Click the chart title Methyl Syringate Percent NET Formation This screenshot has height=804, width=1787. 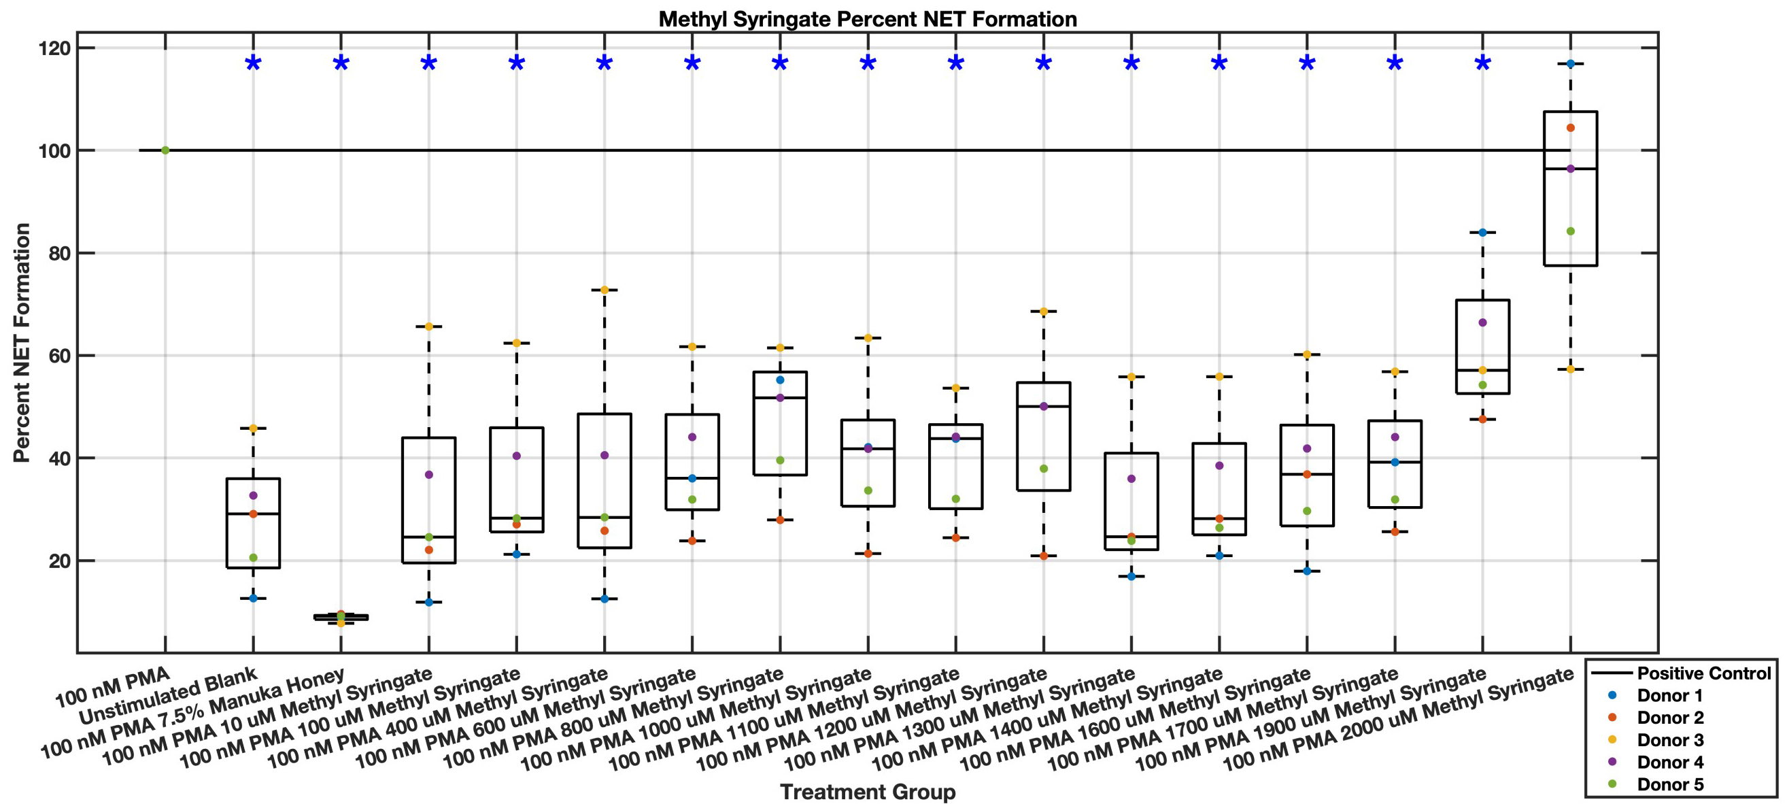[867, 19]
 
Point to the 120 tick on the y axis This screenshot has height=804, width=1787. [59, 48]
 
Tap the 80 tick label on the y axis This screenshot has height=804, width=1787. [59, 253]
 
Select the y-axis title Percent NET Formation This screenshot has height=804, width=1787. [22, 343]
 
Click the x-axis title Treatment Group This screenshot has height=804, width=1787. [867, 792]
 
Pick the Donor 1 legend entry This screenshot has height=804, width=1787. [1669, 695]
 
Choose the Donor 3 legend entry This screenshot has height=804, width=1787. [1669, 739]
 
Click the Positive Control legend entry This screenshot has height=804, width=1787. [1703, 673]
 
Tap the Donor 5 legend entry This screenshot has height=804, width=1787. [1669, 784]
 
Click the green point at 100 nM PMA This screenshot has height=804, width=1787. [165, 150]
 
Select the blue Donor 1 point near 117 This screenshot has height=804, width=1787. [1571, 64]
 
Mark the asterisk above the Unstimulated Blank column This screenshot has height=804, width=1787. [253, 65]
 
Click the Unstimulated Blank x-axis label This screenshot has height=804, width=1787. [168, 696]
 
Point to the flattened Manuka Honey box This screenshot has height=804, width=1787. [341, 617]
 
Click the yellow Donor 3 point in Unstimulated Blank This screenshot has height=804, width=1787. [253, 429]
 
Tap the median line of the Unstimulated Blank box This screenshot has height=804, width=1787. [253, 514]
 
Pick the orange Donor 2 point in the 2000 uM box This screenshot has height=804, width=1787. [1571, 128]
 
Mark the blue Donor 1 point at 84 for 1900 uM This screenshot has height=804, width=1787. [1482, 233]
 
